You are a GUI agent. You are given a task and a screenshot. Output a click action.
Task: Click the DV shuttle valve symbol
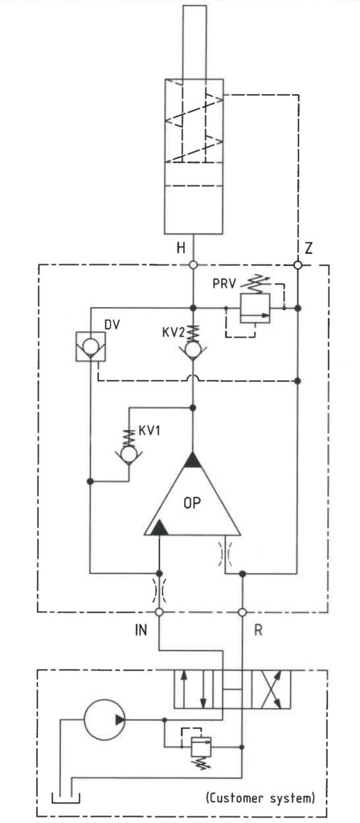(x=90, y=346)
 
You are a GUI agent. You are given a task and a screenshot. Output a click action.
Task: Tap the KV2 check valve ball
(x=194, y=350)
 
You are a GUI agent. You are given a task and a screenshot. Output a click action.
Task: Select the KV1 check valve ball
(x=129, y=453)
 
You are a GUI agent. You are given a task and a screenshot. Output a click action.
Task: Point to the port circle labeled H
(x=194, y=265)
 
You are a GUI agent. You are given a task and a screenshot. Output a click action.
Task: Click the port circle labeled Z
(x=297, y=265)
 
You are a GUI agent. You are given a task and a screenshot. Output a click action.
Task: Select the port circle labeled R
(x=243, y=612)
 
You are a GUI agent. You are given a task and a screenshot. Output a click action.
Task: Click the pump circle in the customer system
(x=104, y=719)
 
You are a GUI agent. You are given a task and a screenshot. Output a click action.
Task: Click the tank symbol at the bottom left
(x=66, y=798)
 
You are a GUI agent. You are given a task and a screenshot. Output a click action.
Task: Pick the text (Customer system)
(x=260, y=799)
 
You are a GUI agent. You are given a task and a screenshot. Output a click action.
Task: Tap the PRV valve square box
(x=254, y=309)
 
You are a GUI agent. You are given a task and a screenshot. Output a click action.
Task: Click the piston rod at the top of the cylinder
(x=194, y=42)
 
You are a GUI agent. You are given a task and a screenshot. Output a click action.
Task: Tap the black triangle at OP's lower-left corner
(x=158, y=527)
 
